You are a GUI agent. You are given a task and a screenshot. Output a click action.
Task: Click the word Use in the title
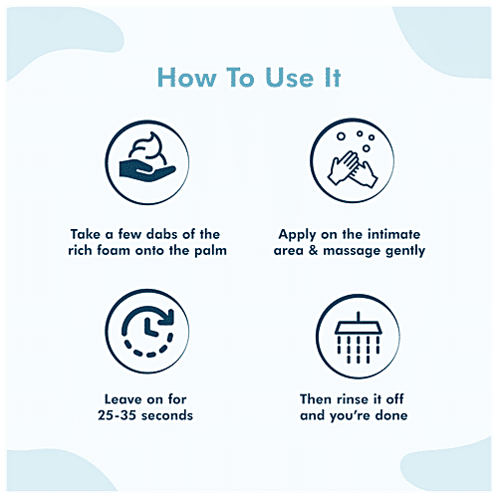click(290, 78)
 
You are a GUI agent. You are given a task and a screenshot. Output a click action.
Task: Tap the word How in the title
click(187, 78)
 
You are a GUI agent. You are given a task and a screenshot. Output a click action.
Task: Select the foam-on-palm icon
click(147, 162)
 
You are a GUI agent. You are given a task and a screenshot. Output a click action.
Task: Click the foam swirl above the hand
click(147, 148)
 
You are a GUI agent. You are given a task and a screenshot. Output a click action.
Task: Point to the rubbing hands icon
click(353, 160)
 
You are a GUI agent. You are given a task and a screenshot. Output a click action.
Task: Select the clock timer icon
click(147, 331)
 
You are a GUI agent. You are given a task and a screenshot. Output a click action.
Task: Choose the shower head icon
click(358, 336)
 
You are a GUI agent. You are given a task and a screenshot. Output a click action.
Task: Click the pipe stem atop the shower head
click(358, 317)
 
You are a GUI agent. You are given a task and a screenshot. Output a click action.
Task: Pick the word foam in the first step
click(113, 250)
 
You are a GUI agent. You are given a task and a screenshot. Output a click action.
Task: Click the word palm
click(210, 251)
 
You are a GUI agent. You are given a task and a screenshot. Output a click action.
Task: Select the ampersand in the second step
click(313, 250)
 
